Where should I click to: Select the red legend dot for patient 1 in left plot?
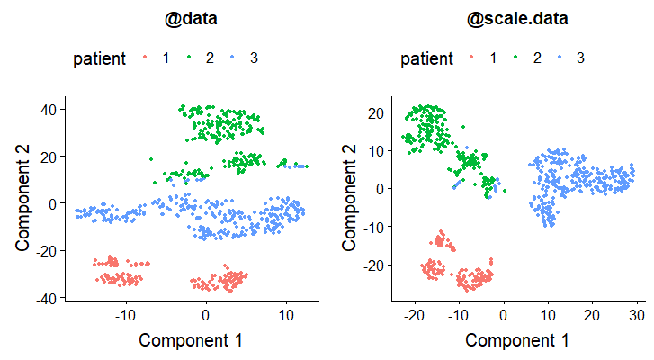pos(145,58)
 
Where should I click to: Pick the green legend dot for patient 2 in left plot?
pos(190,58)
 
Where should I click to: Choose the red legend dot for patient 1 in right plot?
pos(471,58)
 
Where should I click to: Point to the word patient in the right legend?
pos(427,58)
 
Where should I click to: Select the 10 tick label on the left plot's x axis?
pos(285,316)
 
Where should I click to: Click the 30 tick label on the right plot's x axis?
pos(635,316)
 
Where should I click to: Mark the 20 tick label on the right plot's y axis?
pos(375,112)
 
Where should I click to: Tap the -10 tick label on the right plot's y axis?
pos(372,227)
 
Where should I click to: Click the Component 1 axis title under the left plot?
pos(191,340)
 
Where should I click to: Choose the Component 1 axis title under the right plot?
pos(517,340)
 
